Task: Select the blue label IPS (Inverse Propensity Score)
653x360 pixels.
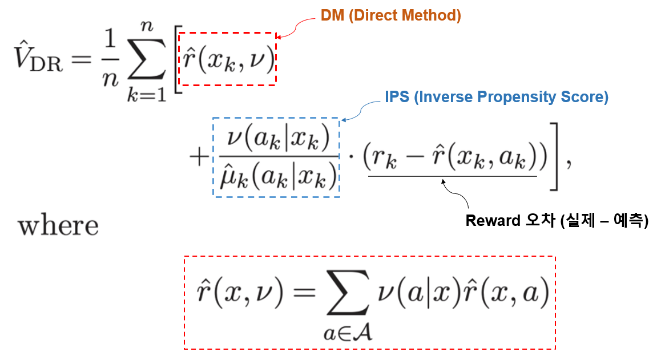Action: [x=496, y=97]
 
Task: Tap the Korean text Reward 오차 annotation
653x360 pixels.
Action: [x=557, y=220]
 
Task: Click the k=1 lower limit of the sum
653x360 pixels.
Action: [x=146, y=94]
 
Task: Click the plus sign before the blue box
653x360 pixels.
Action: [x=200, y=157]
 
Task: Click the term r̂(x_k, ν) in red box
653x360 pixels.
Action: [x=227, y=58]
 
